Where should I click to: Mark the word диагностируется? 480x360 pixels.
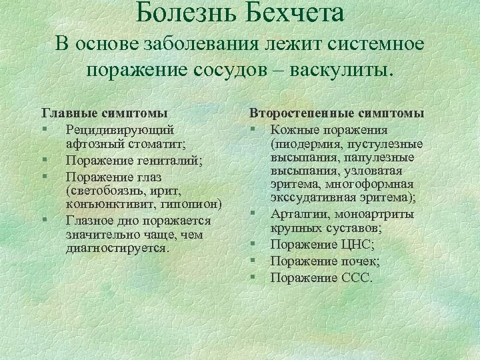tap(117, 247)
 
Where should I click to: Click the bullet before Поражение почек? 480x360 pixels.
tap(255, 261)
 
